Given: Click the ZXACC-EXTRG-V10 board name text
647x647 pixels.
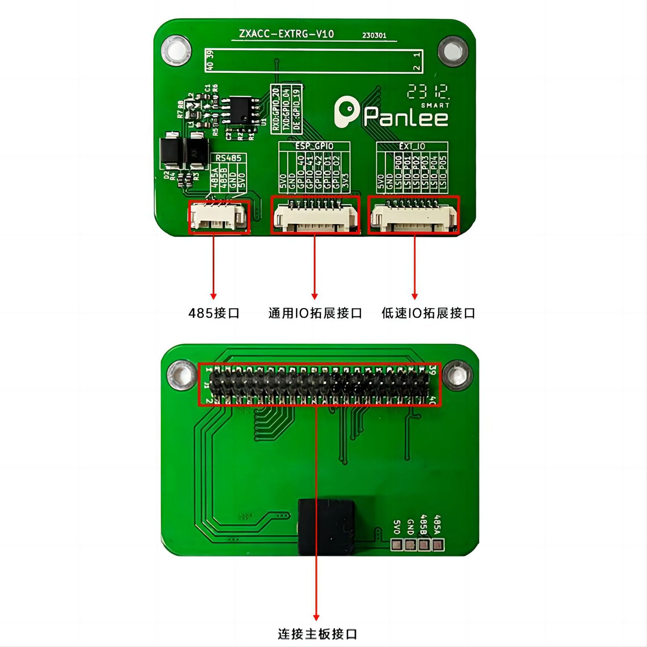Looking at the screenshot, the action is click(x=286, y=34).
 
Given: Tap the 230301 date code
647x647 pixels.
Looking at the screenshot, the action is click(x=374, y=35).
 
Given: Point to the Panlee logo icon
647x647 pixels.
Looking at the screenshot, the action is click(x=345, y=112).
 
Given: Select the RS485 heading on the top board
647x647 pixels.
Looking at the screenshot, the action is click(x=228, y=158).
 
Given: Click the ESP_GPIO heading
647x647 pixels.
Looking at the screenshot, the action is click(x=314, y=146).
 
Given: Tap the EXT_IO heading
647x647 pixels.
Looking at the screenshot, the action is click(x=412, y=146).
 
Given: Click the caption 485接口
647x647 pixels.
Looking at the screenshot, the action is click(x=214, y=313).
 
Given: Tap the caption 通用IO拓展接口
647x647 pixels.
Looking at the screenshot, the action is click(x=315, y=313).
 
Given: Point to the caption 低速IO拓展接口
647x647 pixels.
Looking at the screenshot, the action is click(x=428, y=313).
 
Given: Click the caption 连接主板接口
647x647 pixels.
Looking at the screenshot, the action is click(x=317, y=634).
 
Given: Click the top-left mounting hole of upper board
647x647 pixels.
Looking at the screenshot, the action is click(x=176, y=51).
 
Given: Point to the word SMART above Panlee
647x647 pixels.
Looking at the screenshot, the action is click(x=435, y=105).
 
